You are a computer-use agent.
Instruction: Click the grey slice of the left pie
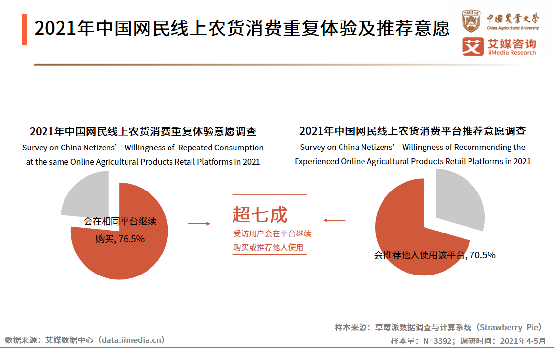(87, 198)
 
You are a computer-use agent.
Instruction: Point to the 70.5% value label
(483, 254)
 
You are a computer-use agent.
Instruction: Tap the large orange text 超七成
(260, 214)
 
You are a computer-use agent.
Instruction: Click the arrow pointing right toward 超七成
(199, 223)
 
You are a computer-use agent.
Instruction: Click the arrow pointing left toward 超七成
(335, 220)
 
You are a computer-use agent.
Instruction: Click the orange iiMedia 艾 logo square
(472, 47)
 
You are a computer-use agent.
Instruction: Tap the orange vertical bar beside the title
(24, 30)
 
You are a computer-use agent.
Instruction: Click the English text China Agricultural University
(513, 28)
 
